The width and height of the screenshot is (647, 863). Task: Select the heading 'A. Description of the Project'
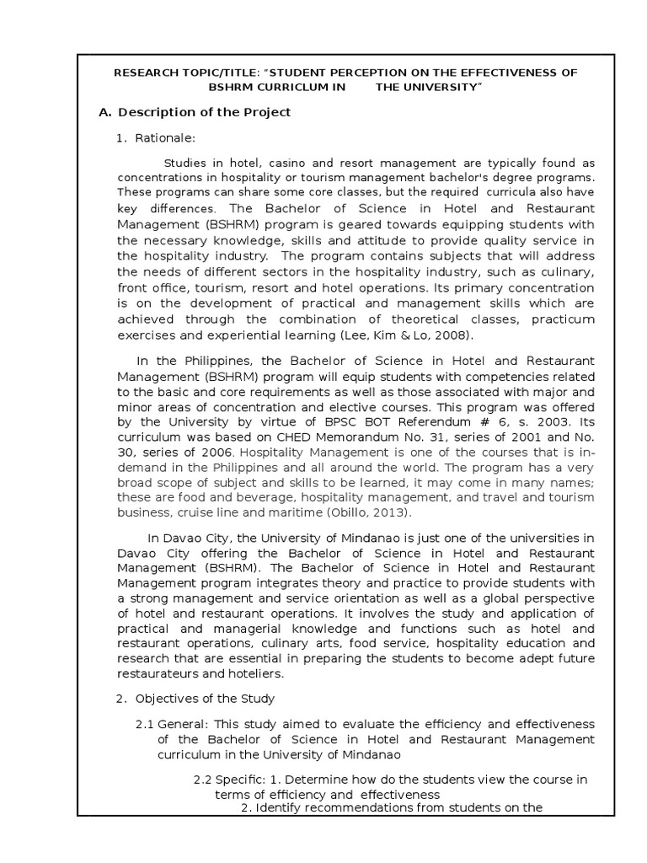pyautogui.click(x=195, y=112)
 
